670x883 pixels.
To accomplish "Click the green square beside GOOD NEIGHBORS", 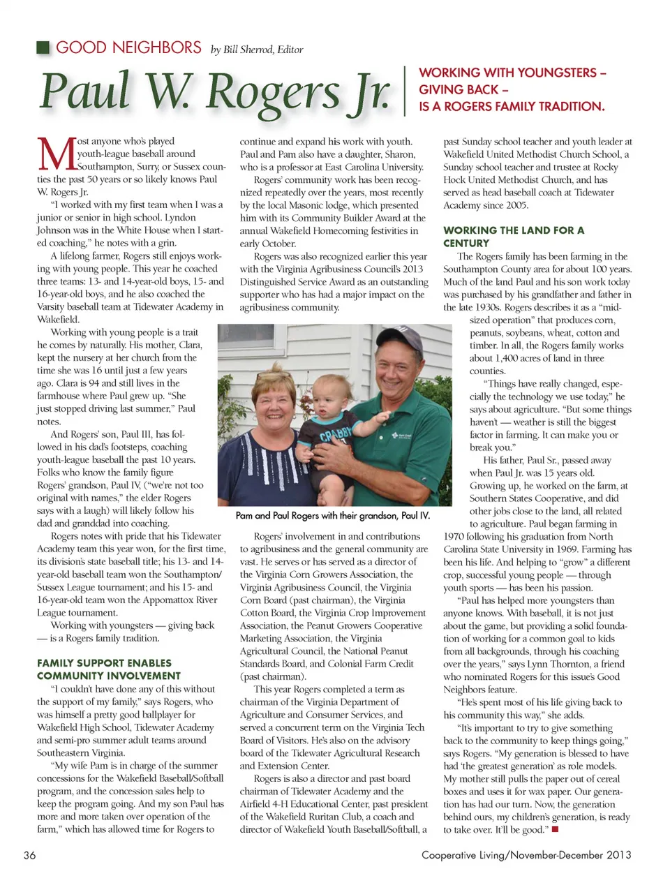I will point(43,47).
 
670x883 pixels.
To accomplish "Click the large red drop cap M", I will point(55,154).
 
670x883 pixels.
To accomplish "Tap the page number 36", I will point(29,855).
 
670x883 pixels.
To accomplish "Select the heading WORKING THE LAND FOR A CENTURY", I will point(514,237).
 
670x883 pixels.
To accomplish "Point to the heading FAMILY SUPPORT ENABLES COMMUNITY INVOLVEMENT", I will point(109,669).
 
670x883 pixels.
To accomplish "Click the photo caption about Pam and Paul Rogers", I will point(332,516).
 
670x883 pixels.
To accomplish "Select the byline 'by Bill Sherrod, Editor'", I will point(257,50).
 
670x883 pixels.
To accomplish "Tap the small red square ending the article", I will point(556,829).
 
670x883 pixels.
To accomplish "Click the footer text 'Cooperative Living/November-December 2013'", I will point(526,855).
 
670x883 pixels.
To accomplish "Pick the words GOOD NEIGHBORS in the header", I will point(128,47).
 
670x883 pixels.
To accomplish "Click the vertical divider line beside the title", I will point(405,90).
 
